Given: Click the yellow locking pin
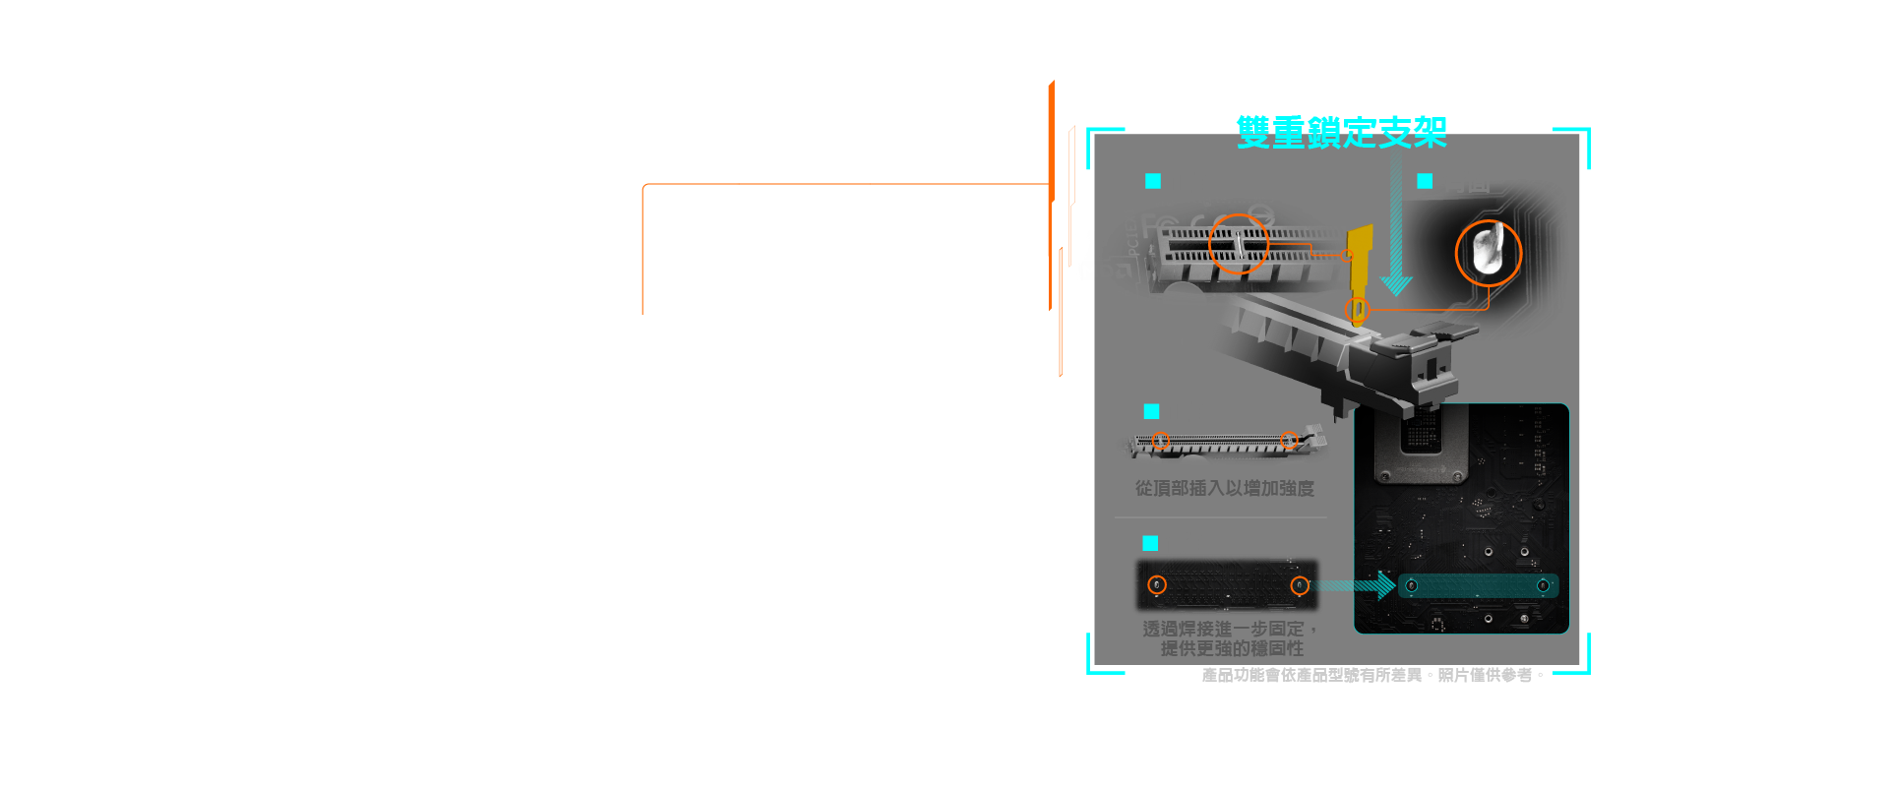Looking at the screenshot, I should click(x=1360, y=261).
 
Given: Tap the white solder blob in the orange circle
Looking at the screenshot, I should click(x=1487, y=251).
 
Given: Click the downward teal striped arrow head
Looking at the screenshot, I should click(x=1396, y=284).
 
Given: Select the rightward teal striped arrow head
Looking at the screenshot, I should click(x=1385, y=585).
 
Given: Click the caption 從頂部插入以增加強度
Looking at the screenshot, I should click(x=1224, y=488).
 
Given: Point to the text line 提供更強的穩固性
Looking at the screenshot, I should click(x=1232, y=648).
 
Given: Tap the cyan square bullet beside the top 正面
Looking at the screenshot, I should click(x=1153, y=181).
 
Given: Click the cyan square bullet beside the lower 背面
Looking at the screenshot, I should click(x=1150, y=543).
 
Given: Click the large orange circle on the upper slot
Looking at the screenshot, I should click(x=1238, y=243).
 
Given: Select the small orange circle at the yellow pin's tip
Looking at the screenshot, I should click(x=1357, y=311).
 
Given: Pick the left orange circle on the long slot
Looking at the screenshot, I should click(x=1161, y=441).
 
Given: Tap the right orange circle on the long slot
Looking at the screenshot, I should click(x=1289, y=440).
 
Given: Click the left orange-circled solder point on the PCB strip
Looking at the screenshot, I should click(x=1157, y=585).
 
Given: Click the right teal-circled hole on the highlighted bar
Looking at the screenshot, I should click(x=1543, y=586).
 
